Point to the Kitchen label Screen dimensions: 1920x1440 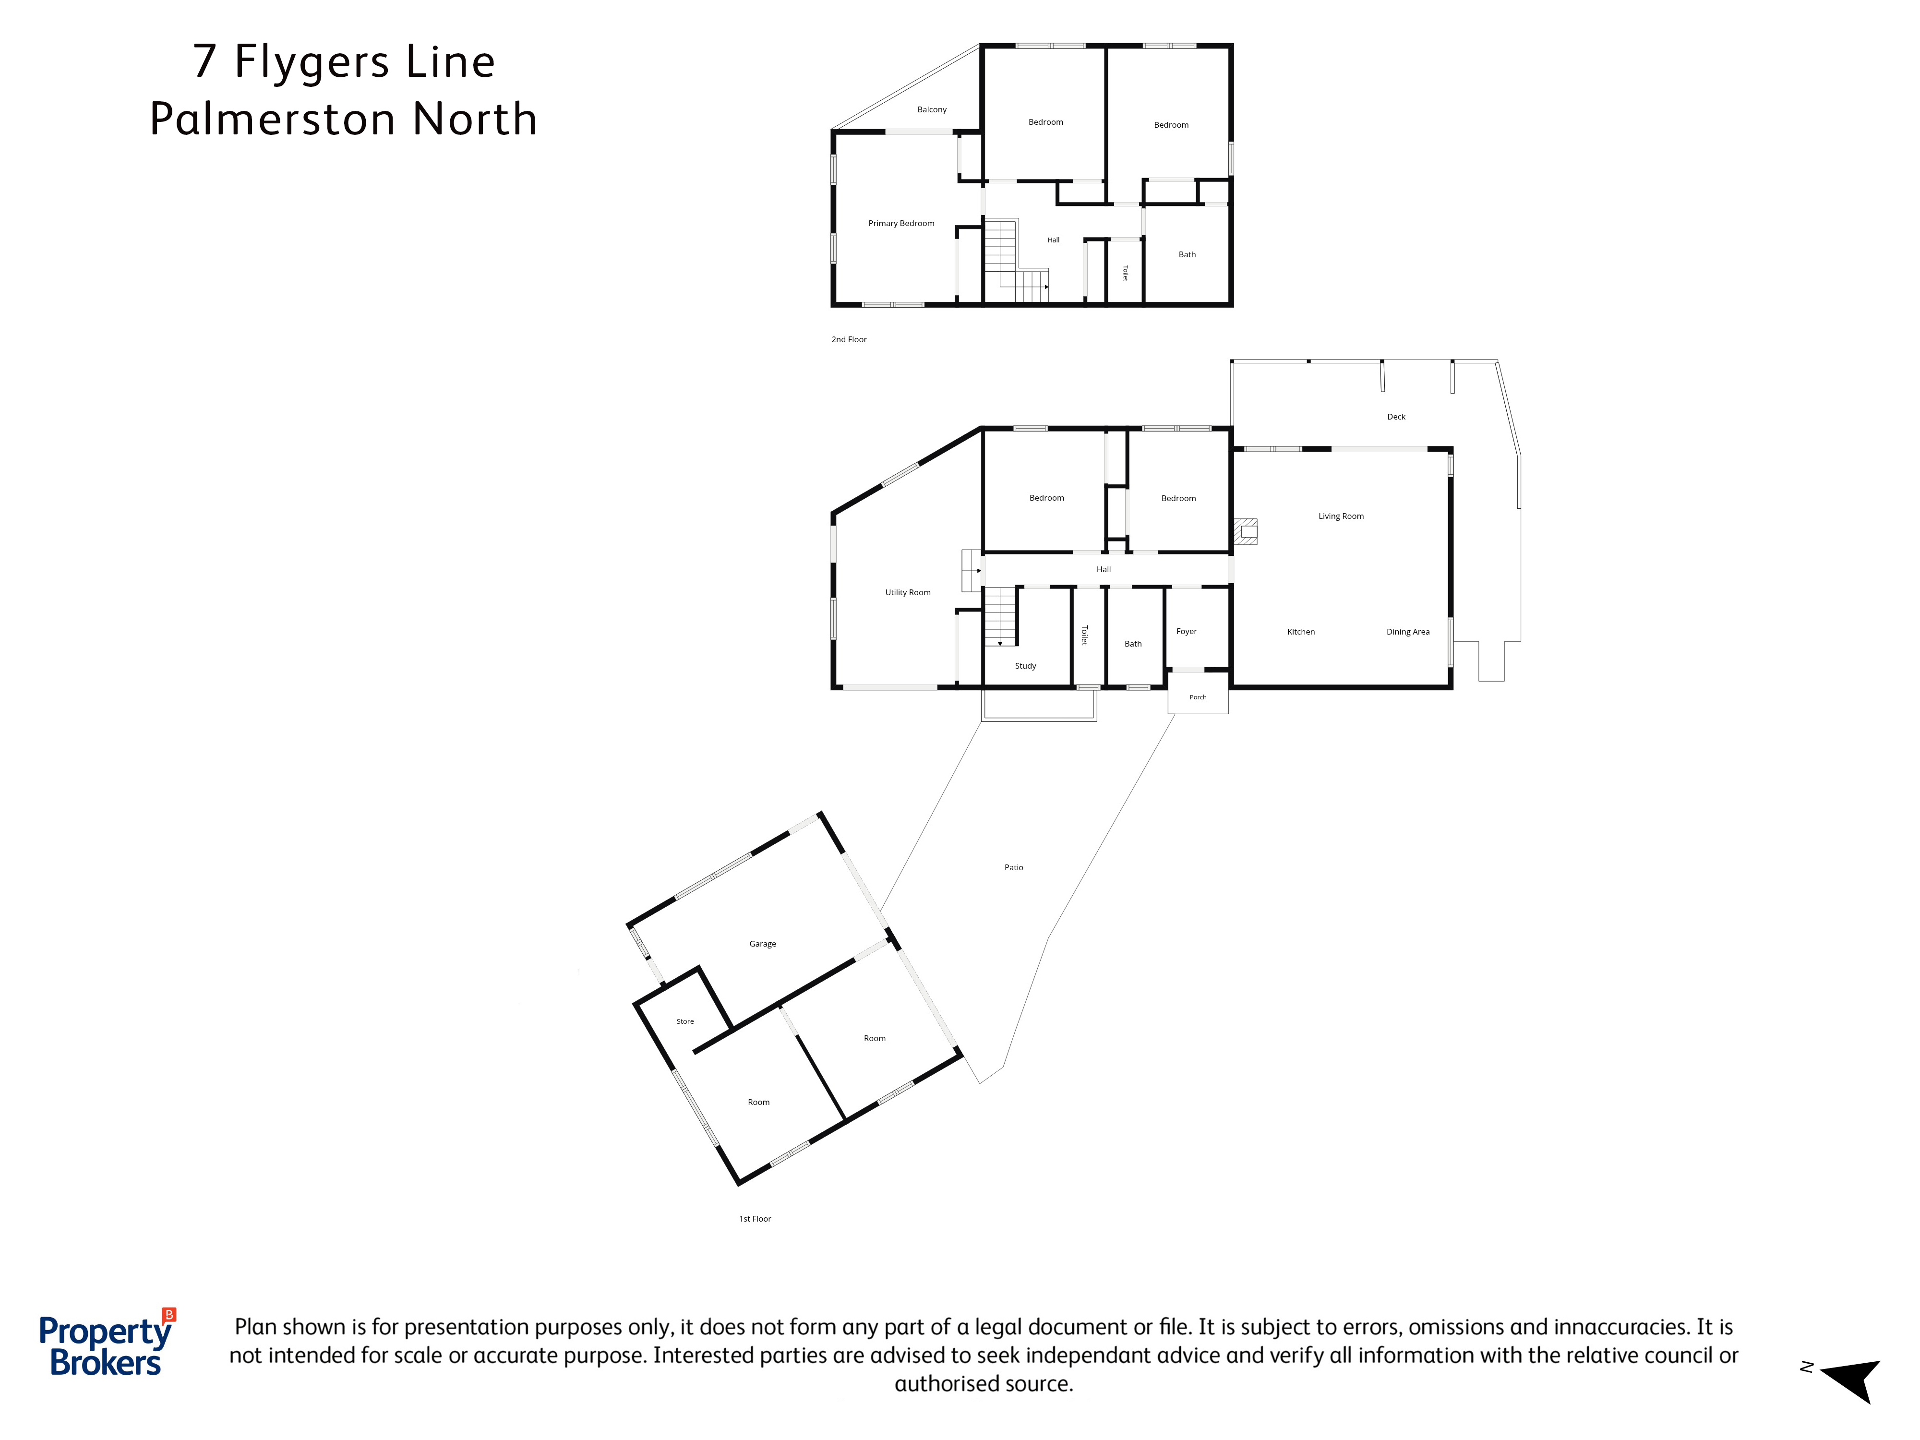click(x=1300, y=632)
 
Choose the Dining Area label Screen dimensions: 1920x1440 click(x=1407, y=632)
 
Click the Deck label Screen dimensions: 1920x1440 click(x=1396, y=417)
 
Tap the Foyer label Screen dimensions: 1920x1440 click(x=1186, y=632)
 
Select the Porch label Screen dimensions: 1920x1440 click(x=1198, y=697)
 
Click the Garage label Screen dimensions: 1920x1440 click(x=762, y=944)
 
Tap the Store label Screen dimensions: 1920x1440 click(x=685, y=1021)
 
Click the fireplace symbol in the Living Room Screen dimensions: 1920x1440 click(x=1246, y=531)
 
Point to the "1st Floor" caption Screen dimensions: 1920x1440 click(x=754, y=1219)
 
